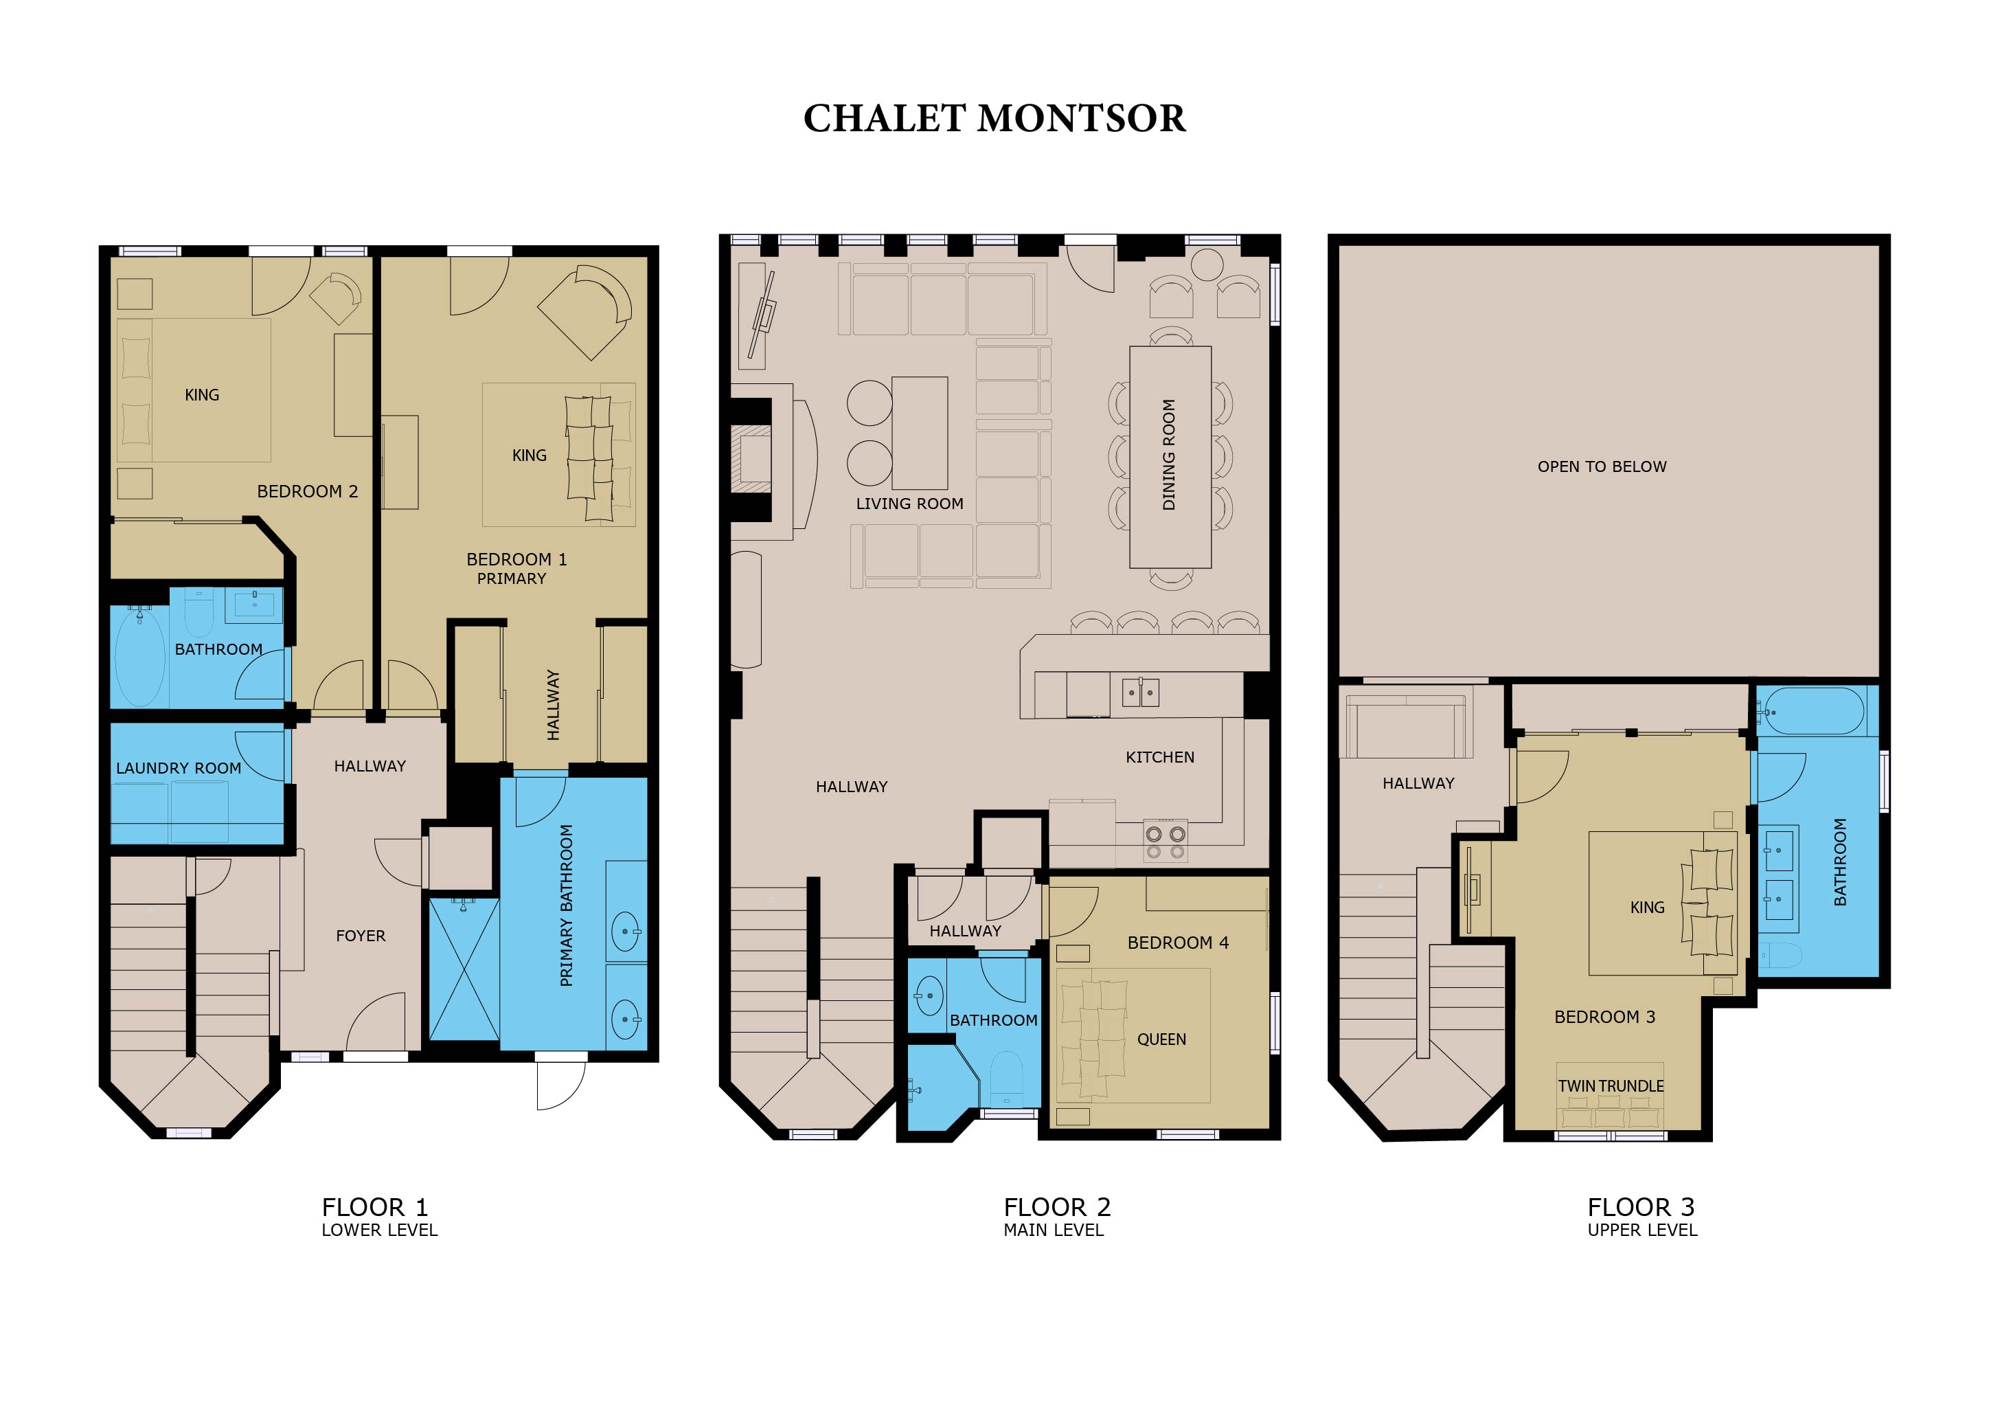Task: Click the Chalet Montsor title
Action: pos(994,119)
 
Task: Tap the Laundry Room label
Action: pos(179,769)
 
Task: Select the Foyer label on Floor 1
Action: pos(361,936)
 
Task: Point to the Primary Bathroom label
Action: pos(567,905)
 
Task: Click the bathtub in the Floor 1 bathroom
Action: pos(139,656)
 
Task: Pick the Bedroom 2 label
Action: pos(308,491)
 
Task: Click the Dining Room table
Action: pos(1170,458)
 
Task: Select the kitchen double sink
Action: pos(1141,693)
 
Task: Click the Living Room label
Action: pos(909,504)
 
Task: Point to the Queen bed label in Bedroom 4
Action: pos(1161,1039)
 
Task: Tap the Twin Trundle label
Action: pos(1611,1086)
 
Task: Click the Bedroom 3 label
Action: pos(1604,1017)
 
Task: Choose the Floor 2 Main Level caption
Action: pos(1056,1217)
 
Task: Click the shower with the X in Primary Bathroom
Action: pos(464,969)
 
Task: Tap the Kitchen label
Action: pos(1160,757)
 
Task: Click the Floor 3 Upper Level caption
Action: pos(1641,1217)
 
